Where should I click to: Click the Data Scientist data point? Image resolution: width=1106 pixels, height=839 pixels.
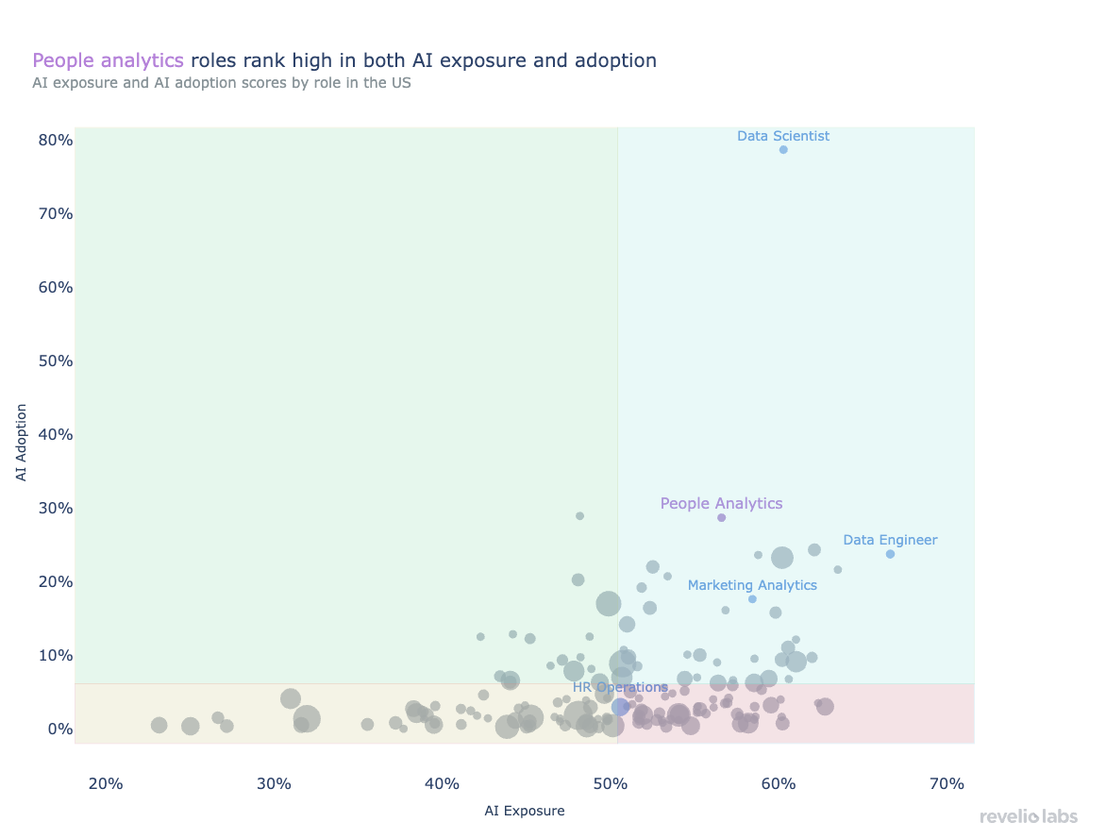point(783,149)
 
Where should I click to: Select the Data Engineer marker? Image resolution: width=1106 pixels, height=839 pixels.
point(890,554)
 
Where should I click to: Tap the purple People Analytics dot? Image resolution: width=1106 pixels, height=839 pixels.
point(722,517)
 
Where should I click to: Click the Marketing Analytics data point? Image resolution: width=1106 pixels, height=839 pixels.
point(752,599)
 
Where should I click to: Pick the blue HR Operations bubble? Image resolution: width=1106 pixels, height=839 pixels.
point(621,707)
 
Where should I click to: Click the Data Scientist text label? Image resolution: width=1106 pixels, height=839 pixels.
point(783,136)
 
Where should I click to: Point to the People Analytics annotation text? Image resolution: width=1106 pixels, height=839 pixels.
point(721,503)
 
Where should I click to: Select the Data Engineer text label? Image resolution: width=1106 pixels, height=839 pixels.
point(890,540)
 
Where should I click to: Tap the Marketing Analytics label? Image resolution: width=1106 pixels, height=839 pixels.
point(752,585)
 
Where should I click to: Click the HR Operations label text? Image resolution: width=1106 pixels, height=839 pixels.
point(620,687)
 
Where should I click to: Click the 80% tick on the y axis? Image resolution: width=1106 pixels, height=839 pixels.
point(55,140)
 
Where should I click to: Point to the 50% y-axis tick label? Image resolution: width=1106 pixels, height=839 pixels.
point(55,361)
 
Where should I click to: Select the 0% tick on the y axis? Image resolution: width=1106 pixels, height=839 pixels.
point(60,729)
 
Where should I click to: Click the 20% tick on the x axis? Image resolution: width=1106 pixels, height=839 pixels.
point(106,784)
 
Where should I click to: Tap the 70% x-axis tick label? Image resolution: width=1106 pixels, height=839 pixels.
point(947,784)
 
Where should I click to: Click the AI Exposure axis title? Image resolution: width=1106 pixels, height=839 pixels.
point(525,811)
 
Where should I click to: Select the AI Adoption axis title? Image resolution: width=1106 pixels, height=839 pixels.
point(22,442)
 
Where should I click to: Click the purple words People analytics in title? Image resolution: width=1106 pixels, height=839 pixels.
point(108,60)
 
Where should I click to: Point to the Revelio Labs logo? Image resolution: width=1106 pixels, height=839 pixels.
point(1028,816)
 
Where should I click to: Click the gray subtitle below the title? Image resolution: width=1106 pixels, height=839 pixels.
point(222,83)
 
